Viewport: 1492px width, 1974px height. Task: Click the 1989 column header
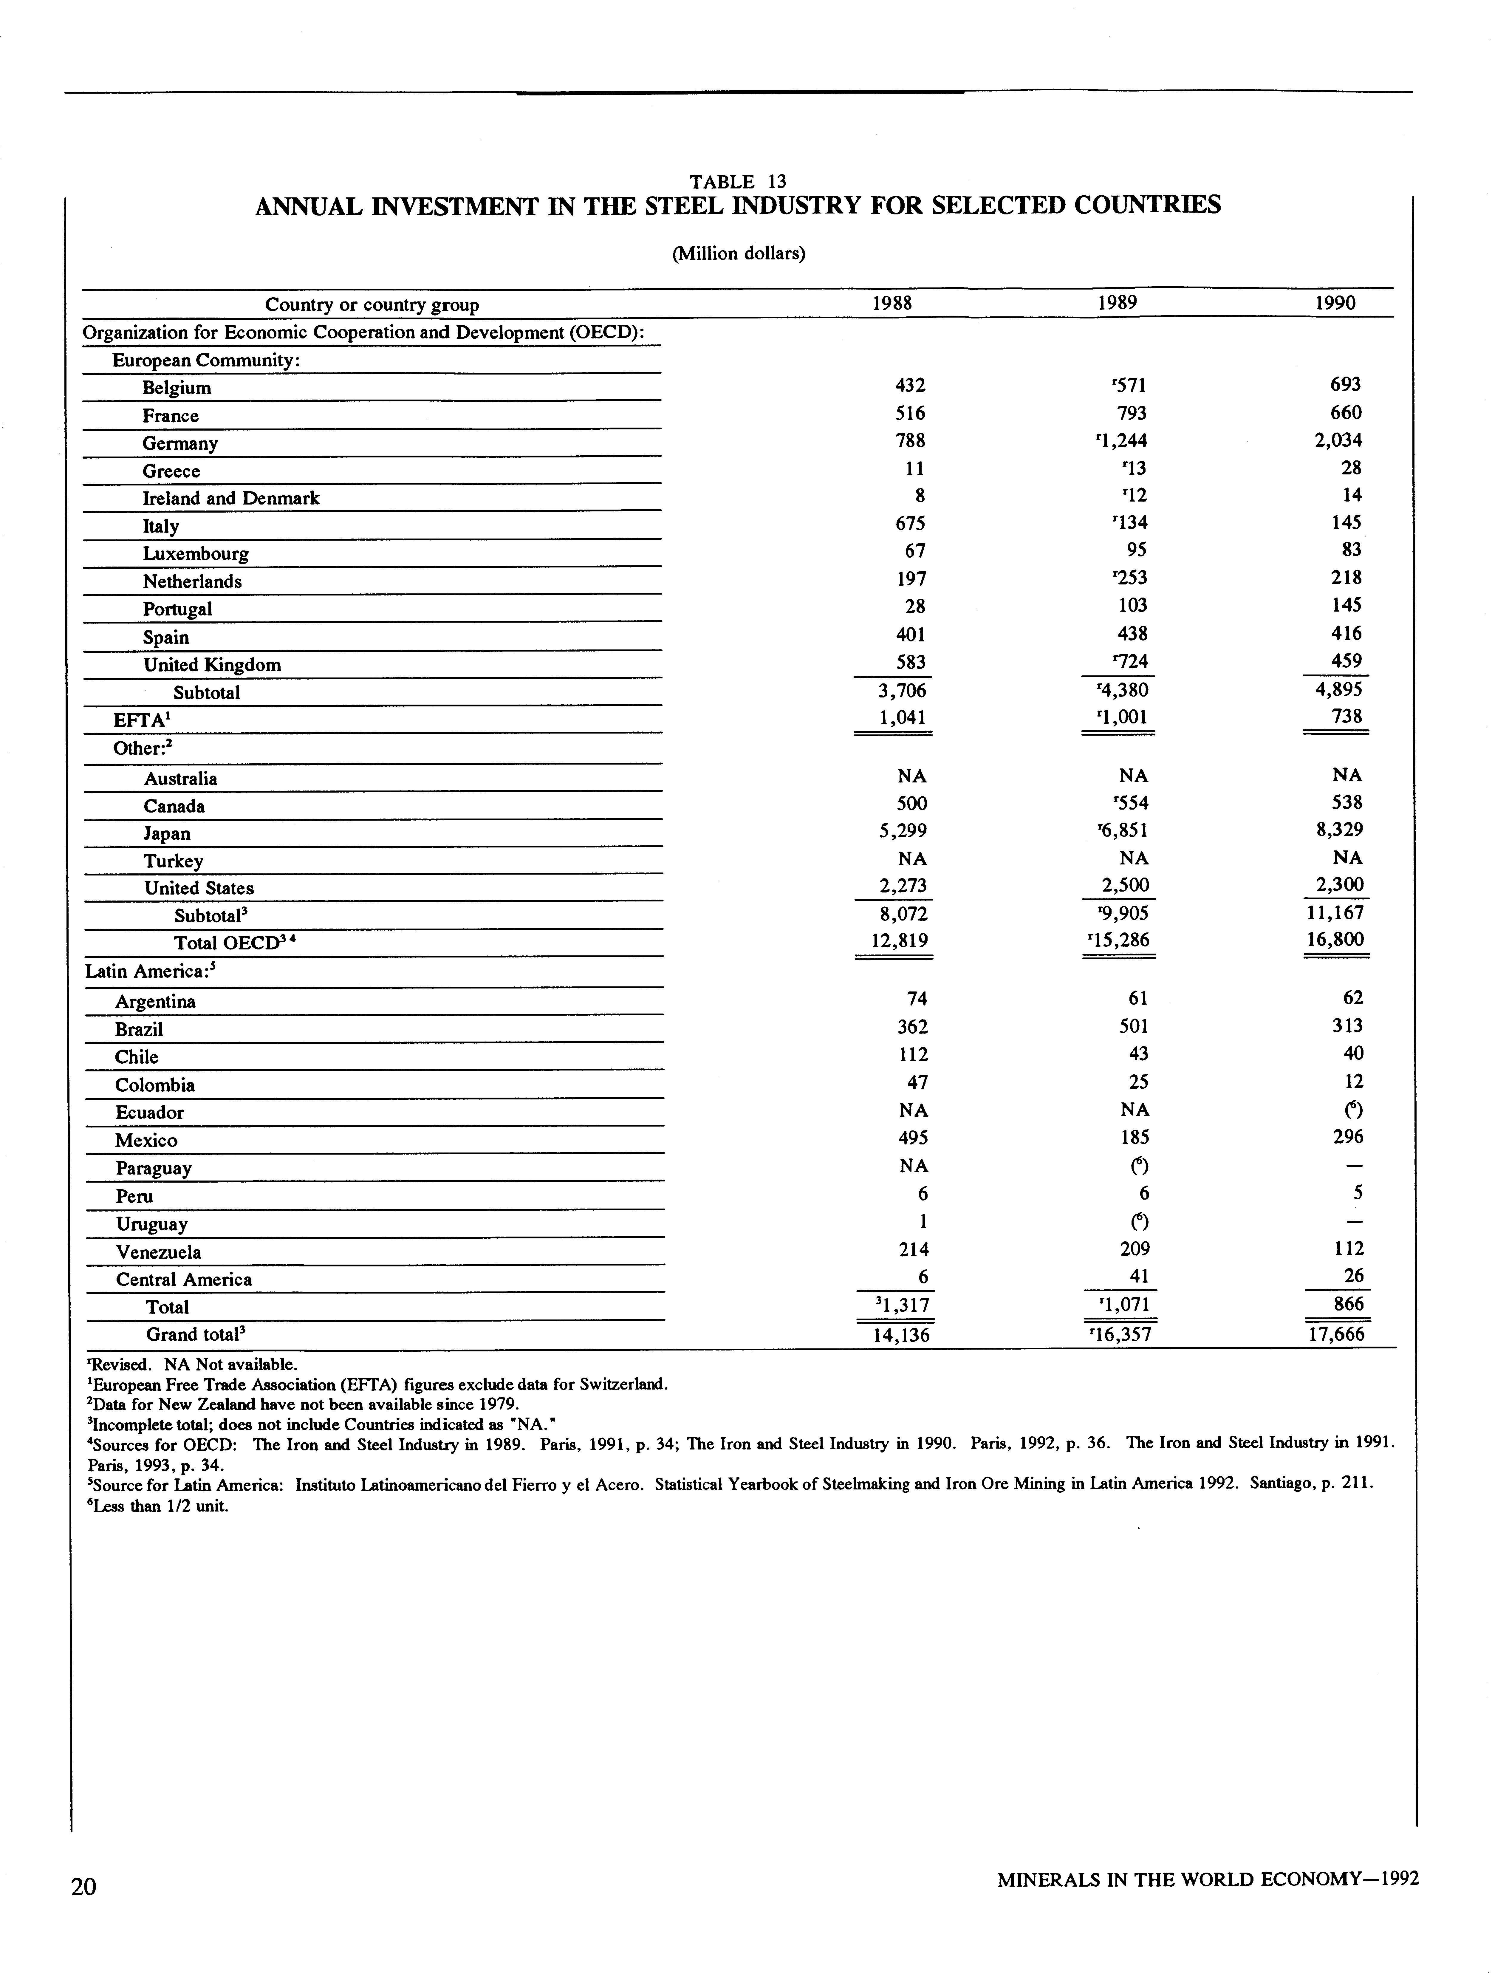pos(1117,303)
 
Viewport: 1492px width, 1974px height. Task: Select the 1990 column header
pos(1335,303)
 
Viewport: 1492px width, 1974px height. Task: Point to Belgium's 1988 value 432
pos(909,386)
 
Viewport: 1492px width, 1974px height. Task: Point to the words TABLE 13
pos(737,182)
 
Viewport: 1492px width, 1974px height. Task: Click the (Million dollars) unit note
pos(738,253)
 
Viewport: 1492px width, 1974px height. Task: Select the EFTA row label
pos(136,720)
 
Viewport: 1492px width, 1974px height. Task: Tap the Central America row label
pos(184,1280)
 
